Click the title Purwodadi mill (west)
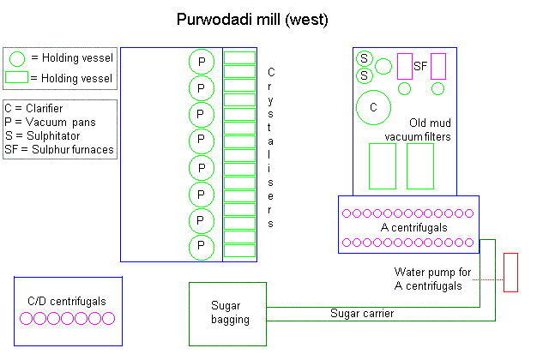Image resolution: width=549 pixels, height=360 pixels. [252, 18]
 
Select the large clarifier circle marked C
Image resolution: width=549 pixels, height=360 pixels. [373, 107]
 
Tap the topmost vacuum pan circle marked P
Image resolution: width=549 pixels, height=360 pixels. [202, 62]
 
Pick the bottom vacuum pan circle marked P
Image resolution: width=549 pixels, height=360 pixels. [202, 247]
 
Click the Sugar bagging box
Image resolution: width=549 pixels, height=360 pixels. [230, 313]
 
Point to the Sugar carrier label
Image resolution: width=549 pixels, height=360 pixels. [362, 314]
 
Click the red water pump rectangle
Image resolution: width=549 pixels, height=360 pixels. [511, 273]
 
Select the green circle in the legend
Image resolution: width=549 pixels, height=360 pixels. [17, 58]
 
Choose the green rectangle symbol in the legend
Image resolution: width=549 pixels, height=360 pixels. [16, 78]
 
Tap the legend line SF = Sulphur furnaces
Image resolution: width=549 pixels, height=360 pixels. [59, 150]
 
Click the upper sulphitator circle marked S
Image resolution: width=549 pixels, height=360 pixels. [365, 58]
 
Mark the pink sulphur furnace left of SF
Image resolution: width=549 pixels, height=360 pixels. [405, 66]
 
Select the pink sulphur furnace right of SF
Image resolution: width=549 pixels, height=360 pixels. [438, 66]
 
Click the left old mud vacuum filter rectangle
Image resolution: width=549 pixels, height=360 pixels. [382, 165]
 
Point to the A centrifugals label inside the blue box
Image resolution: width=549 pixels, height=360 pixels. [408, 228]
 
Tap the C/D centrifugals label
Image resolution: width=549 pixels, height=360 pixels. [67, 301]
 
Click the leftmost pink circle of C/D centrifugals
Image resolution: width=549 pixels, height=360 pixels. [27, 319]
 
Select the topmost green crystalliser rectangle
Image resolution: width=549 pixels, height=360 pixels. [239, 58]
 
